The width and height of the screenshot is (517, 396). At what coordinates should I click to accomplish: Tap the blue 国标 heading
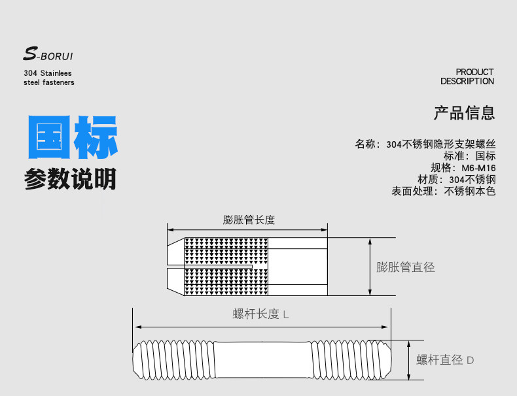pos(72,137)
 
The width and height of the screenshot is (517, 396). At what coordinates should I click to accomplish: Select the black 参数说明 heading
pos(70,178)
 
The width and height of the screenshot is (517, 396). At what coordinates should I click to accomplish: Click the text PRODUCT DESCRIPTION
pos(467,76)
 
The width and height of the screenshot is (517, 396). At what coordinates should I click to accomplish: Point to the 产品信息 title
pos(465,113)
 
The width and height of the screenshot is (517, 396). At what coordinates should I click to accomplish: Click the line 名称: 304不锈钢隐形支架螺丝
pos(425,144)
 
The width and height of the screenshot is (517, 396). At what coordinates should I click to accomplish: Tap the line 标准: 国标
pos(469,156)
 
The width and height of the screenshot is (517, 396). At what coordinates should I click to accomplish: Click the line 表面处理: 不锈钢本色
pos(444,191)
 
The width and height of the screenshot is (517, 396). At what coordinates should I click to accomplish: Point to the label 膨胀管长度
pos(249,220)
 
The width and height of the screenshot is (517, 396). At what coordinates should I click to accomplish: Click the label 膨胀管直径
pos(406,267)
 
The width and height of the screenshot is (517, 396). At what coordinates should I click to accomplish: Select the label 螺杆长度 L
pos(261,314)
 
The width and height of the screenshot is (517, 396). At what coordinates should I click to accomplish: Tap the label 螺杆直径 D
pos(445,360)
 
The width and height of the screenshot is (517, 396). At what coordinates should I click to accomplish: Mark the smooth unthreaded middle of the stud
pos(262,361)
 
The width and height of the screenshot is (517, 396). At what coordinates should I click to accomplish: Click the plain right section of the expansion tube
pos(298,267)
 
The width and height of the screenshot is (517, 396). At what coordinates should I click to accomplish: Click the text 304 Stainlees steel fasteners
pos(49,78)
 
